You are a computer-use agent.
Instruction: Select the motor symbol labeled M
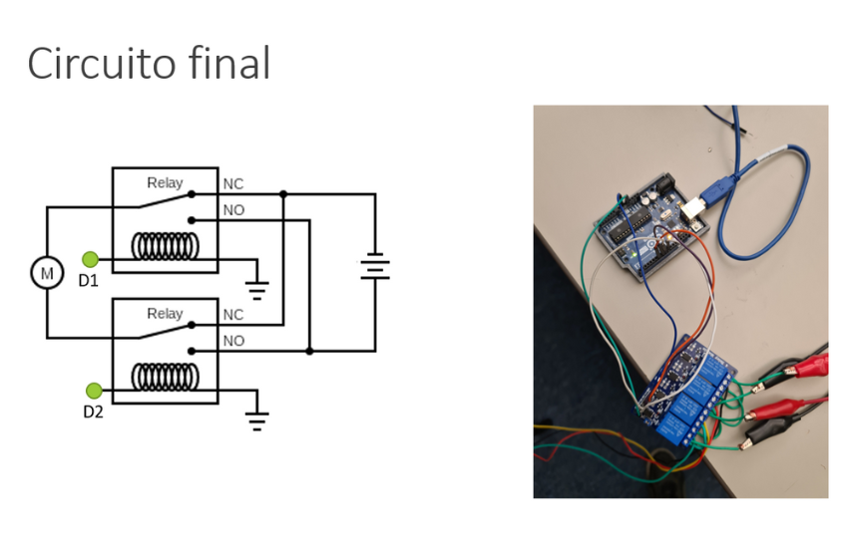click(46, 272)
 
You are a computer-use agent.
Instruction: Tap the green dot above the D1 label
click(91, 260)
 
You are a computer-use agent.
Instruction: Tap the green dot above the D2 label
click(94, 391)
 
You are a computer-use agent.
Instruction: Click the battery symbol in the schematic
click(375, 267)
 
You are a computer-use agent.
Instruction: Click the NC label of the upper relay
click(233, 184)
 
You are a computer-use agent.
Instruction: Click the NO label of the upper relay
click(233, 210)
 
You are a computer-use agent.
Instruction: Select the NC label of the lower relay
click(233, 315)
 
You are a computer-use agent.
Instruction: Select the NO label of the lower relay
click(233, 341)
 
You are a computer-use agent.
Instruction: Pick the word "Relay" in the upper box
click(165, 182)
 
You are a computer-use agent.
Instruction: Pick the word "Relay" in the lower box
click(165, 313)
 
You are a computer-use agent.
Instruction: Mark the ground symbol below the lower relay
click(257, 419)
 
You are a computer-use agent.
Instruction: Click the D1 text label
click(89, 281)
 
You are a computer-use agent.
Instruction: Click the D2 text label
click(93, 412)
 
